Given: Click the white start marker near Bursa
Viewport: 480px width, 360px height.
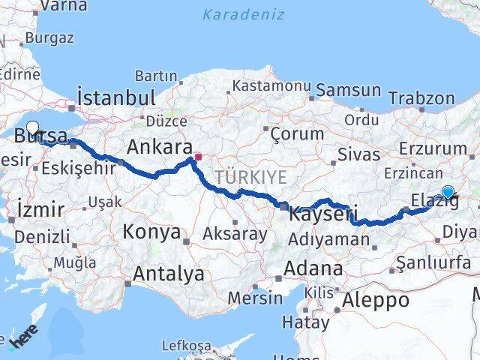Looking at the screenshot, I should [32, 127].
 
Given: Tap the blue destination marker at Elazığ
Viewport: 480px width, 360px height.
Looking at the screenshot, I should [448, 191].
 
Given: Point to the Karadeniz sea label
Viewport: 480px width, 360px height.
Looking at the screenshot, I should [244, 14].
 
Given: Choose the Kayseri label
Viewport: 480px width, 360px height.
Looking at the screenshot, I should [322, 214].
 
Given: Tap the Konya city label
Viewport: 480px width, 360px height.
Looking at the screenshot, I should [152, 232].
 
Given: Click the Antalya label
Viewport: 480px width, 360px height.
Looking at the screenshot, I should [168, 274].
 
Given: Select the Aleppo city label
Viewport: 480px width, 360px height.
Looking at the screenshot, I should [376, 300].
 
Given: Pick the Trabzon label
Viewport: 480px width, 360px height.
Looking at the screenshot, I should [422, 98].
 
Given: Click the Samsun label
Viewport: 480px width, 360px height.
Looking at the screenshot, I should [348, 90].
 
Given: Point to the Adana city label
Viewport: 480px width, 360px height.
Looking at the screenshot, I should [313, 268].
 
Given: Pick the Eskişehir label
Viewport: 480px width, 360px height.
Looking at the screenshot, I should [79, 167].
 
